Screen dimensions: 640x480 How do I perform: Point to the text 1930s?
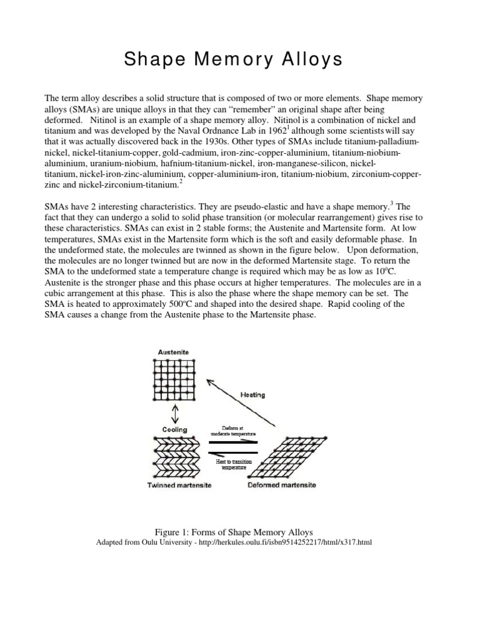pos(194,141)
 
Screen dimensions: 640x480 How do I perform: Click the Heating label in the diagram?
pos(252,394)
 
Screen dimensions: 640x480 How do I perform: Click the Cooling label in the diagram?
pos(174,430)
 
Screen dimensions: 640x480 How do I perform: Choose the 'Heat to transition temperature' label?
pos(234,464)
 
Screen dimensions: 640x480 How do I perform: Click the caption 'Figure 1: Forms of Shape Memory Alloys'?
pos(241,531)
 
